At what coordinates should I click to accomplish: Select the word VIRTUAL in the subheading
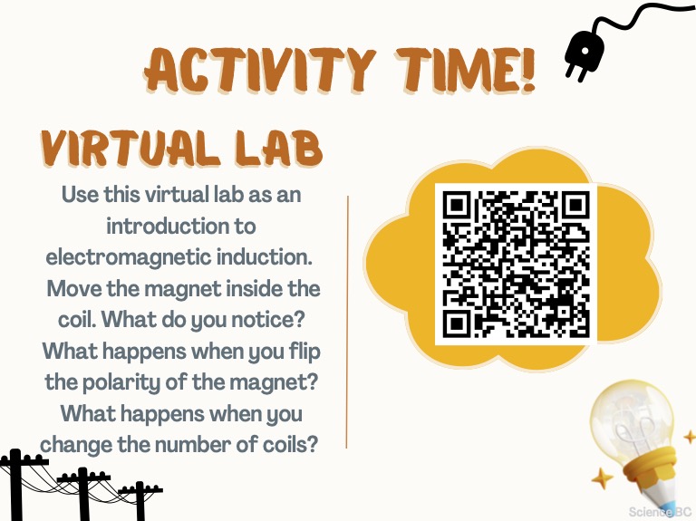coord(130,149)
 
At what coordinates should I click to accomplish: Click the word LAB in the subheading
coord(279,149)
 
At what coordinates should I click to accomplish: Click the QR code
coord(516,264)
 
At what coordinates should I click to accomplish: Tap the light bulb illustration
coord(639,449)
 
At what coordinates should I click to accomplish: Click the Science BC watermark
coord(660,512)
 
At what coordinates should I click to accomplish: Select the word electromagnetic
coord(129,258)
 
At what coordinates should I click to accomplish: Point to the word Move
coord(74,289)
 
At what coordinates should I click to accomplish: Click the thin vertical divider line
coord(348,322)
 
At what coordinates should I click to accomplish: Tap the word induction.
coord(265,257)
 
